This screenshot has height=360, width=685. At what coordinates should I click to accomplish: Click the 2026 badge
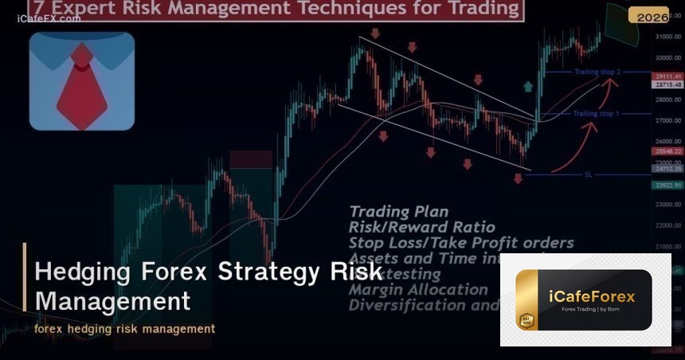click(648, 16)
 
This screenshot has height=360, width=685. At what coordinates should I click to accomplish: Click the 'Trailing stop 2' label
click(597, 72)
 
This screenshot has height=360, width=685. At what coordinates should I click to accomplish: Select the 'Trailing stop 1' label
click(596, 114)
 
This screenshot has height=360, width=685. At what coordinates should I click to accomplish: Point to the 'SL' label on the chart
click(589, 174)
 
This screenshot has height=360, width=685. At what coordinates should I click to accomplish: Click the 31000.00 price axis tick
click(667, 37)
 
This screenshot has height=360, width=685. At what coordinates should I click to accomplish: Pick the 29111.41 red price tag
click(667, 76)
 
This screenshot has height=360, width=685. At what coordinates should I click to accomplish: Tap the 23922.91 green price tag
click(667, 186)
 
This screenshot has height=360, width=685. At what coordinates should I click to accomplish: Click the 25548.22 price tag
click(667, 151)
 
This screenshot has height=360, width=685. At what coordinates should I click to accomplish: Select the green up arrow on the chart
click(527, 87)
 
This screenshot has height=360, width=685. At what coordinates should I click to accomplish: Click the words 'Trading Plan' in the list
click(398, 212)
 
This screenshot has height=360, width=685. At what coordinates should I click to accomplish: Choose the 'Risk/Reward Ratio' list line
click(421, 227)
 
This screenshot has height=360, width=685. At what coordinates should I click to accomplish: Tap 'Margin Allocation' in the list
click(418, 289)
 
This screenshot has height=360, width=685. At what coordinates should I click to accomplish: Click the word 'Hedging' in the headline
click(83, 272)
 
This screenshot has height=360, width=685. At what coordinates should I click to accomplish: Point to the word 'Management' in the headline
click(112, 302)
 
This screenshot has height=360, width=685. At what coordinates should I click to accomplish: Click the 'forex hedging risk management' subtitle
click(124, 328)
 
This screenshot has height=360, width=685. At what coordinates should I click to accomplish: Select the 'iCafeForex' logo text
click(591, 296)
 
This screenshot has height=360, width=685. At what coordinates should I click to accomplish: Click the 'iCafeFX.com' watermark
click(49, 18)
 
